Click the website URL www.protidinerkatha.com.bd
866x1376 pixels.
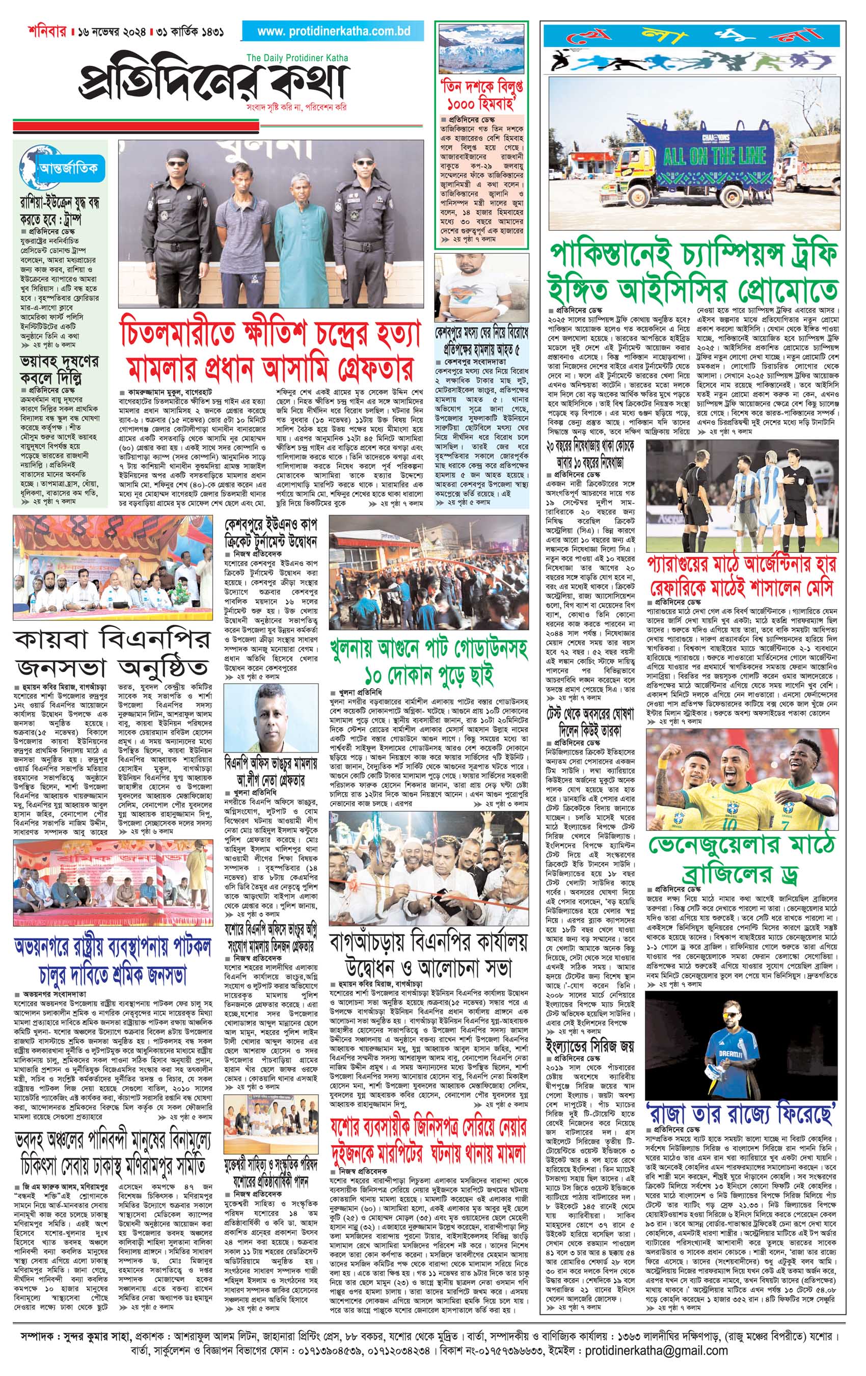point(333,32)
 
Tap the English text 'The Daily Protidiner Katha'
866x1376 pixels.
point(296,58)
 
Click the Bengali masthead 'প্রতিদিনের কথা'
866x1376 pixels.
point(213,83)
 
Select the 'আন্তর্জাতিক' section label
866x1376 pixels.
point(68,168)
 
